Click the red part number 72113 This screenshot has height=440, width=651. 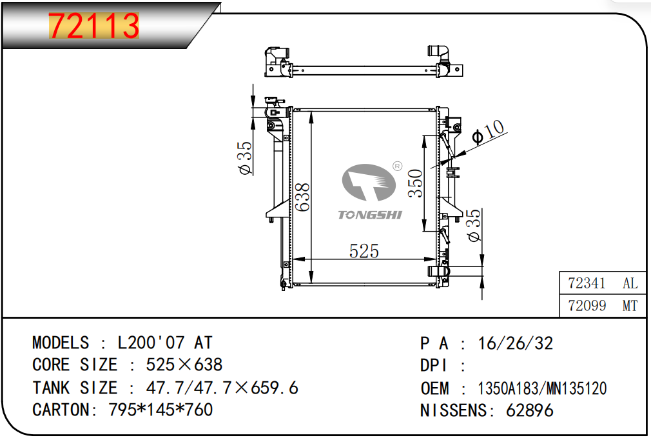pos(94,26)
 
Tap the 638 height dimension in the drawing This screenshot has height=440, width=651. pos(303,197)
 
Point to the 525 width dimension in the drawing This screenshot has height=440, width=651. pos(364,251)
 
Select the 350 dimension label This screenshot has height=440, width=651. pos(416,183)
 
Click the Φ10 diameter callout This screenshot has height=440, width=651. pos(489,132)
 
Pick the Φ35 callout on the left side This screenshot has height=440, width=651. pos(245,158)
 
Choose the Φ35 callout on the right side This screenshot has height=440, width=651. pos(474,225)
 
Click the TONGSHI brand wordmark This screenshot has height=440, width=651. pos(370,215)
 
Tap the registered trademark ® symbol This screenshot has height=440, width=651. pos(397,166)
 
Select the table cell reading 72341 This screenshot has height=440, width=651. pos(587,283)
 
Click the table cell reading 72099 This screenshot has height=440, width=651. pos(587,306)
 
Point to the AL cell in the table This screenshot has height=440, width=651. pos(630,283)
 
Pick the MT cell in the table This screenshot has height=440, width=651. pos(630,306)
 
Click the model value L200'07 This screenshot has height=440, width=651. pos(151,343)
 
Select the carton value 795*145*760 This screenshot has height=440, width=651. pos(160,410)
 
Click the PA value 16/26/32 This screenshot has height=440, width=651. pos(516,344)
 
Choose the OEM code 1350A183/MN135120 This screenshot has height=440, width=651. pos(542,388)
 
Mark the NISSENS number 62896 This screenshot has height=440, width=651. pos(530,411)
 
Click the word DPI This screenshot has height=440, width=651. pos(433,366)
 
